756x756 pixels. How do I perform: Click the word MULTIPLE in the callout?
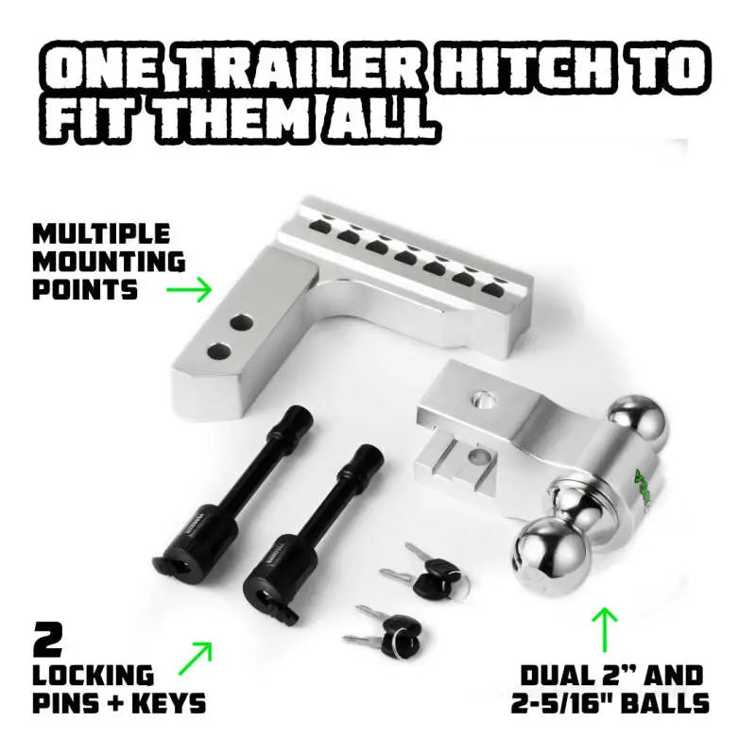[101, 233]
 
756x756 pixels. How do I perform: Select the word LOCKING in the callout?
[94, 675]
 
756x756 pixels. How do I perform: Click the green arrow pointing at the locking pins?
[195, 659]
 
